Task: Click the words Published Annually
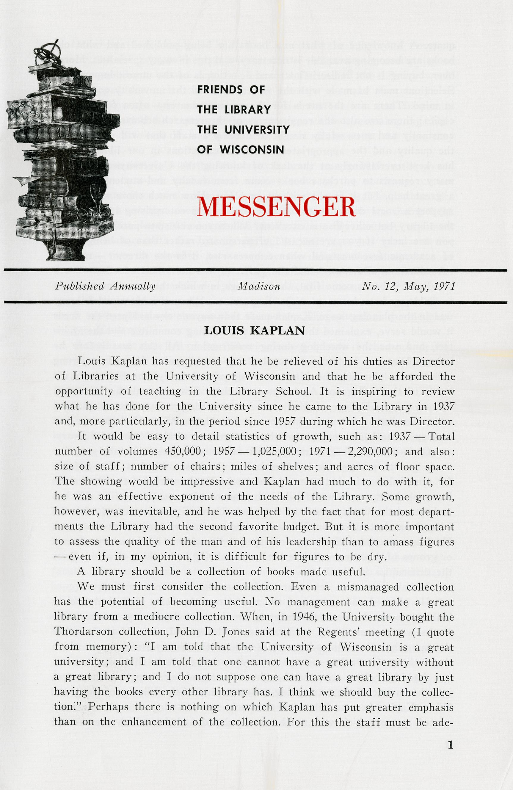105,286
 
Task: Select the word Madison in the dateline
259,286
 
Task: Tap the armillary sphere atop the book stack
48,53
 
